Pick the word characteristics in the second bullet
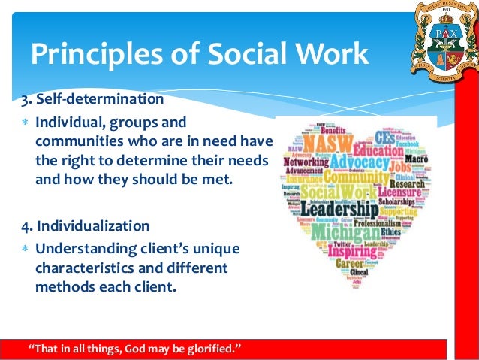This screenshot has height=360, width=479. tap(83, 268)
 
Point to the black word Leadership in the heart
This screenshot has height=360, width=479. tap(339, 208)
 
